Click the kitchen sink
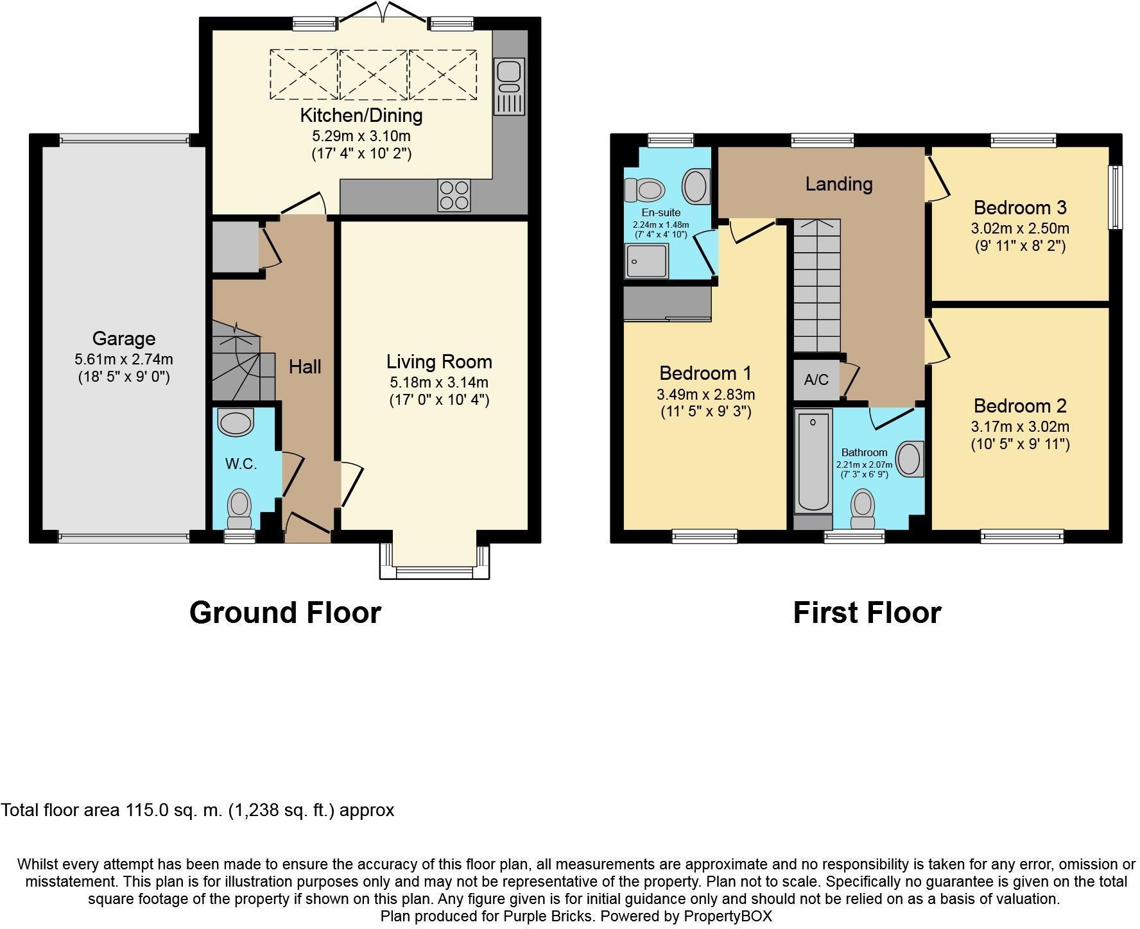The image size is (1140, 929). (510, 87)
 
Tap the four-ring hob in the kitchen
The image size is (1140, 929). (454, 195)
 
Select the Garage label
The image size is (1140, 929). (124, 338)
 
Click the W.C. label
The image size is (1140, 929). (241, 464)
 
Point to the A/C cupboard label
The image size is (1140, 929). (816, 380)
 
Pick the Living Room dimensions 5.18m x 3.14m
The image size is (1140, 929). (439, 382)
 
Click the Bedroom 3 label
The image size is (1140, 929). (1020, 207)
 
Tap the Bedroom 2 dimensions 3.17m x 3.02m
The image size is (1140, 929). (1020, 427)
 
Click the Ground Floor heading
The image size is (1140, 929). (285, 613)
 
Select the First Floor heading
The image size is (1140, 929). (867, 613)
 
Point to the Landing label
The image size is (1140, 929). (839, 184)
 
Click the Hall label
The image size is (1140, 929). (305, 367)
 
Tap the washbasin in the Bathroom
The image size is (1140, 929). (910, 459)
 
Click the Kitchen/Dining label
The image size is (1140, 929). (361, 115)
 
